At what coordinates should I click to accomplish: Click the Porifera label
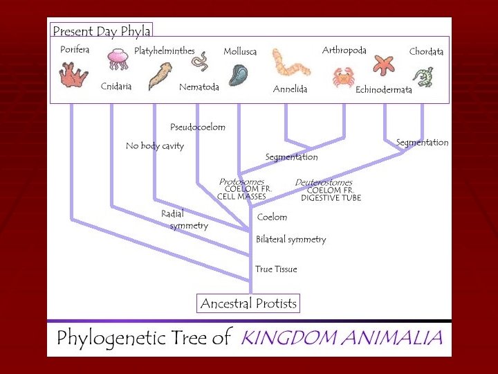click(x=75, y=50)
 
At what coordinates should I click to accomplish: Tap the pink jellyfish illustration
click(x=117, y=60)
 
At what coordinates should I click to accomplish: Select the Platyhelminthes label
click(x=165, y=51)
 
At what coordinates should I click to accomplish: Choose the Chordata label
click(x=426, y=52)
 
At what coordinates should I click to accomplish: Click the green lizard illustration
click(x=422, y=75)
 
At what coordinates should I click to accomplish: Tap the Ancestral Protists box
click(x=248, y=303)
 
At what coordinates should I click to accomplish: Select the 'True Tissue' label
click(x=276, y=269)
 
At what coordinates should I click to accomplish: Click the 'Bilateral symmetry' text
click(x=290, y=240)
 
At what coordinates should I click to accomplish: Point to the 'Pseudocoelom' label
click(x=198, y=127)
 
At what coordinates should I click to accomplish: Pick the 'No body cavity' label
click(x=155, y=146)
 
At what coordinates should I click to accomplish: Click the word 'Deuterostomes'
click(x=324, y=182)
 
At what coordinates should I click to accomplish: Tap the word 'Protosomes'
click(x=241, y=181)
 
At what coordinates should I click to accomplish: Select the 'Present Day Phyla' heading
click(x=101, y=31)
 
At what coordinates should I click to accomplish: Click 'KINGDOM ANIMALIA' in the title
click(x=341, y=339)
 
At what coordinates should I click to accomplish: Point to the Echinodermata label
click(x=384, y=90)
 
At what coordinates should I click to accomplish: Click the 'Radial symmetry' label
click(x=184, y=220)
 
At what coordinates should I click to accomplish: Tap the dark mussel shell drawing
click(x=239, y=74)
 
